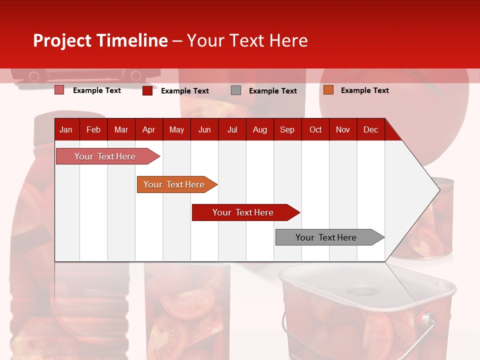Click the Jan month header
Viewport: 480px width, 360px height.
66,130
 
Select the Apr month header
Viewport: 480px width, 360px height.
148,130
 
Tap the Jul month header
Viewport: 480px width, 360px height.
232,130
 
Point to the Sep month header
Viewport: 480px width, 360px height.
287,130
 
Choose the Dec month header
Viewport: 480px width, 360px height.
370,130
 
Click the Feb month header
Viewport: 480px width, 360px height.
93,130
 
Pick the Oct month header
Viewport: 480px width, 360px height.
315,130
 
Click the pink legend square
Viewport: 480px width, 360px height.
59,90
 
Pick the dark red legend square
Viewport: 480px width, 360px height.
147,90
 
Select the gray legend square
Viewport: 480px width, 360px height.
236,90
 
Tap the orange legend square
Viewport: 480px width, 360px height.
328,90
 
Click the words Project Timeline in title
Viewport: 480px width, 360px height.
100,40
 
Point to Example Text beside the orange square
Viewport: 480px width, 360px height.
364,90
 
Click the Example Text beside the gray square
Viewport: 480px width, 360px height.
272,91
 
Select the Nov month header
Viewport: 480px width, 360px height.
343,130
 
